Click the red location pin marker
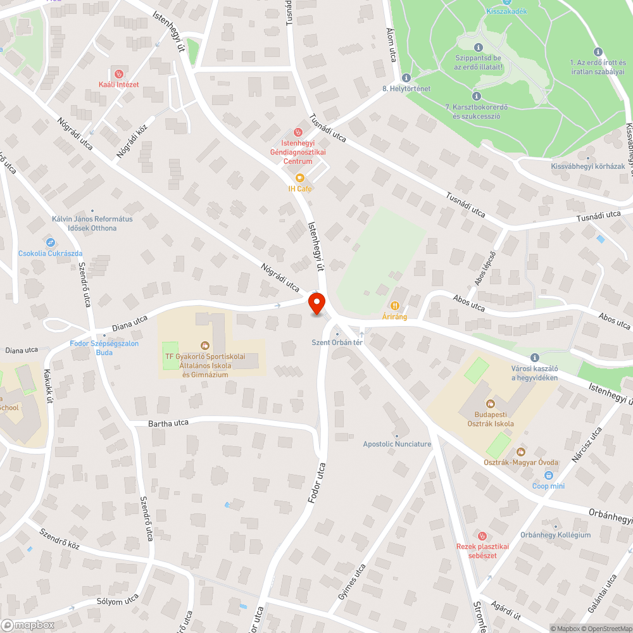[316, 304]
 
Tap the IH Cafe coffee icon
[300, 178]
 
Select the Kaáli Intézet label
[117, 85]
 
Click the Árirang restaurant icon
[395, 306]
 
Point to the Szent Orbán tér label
[337, 342]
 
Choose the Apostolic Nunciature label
[397, 444]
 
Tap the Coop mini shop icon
[548, 475]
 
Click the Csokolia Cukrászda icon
[50, 242]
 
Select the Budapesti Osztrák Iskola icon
[490, 403]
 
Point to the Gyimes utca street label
[352, 582]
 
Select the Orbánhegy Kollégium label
[555, 535]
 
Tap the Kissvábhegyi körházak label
[587, 166]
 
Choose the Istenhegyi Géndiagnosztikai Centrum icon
[298, 132]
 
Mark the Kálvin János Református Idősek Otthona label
[92, 223]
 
